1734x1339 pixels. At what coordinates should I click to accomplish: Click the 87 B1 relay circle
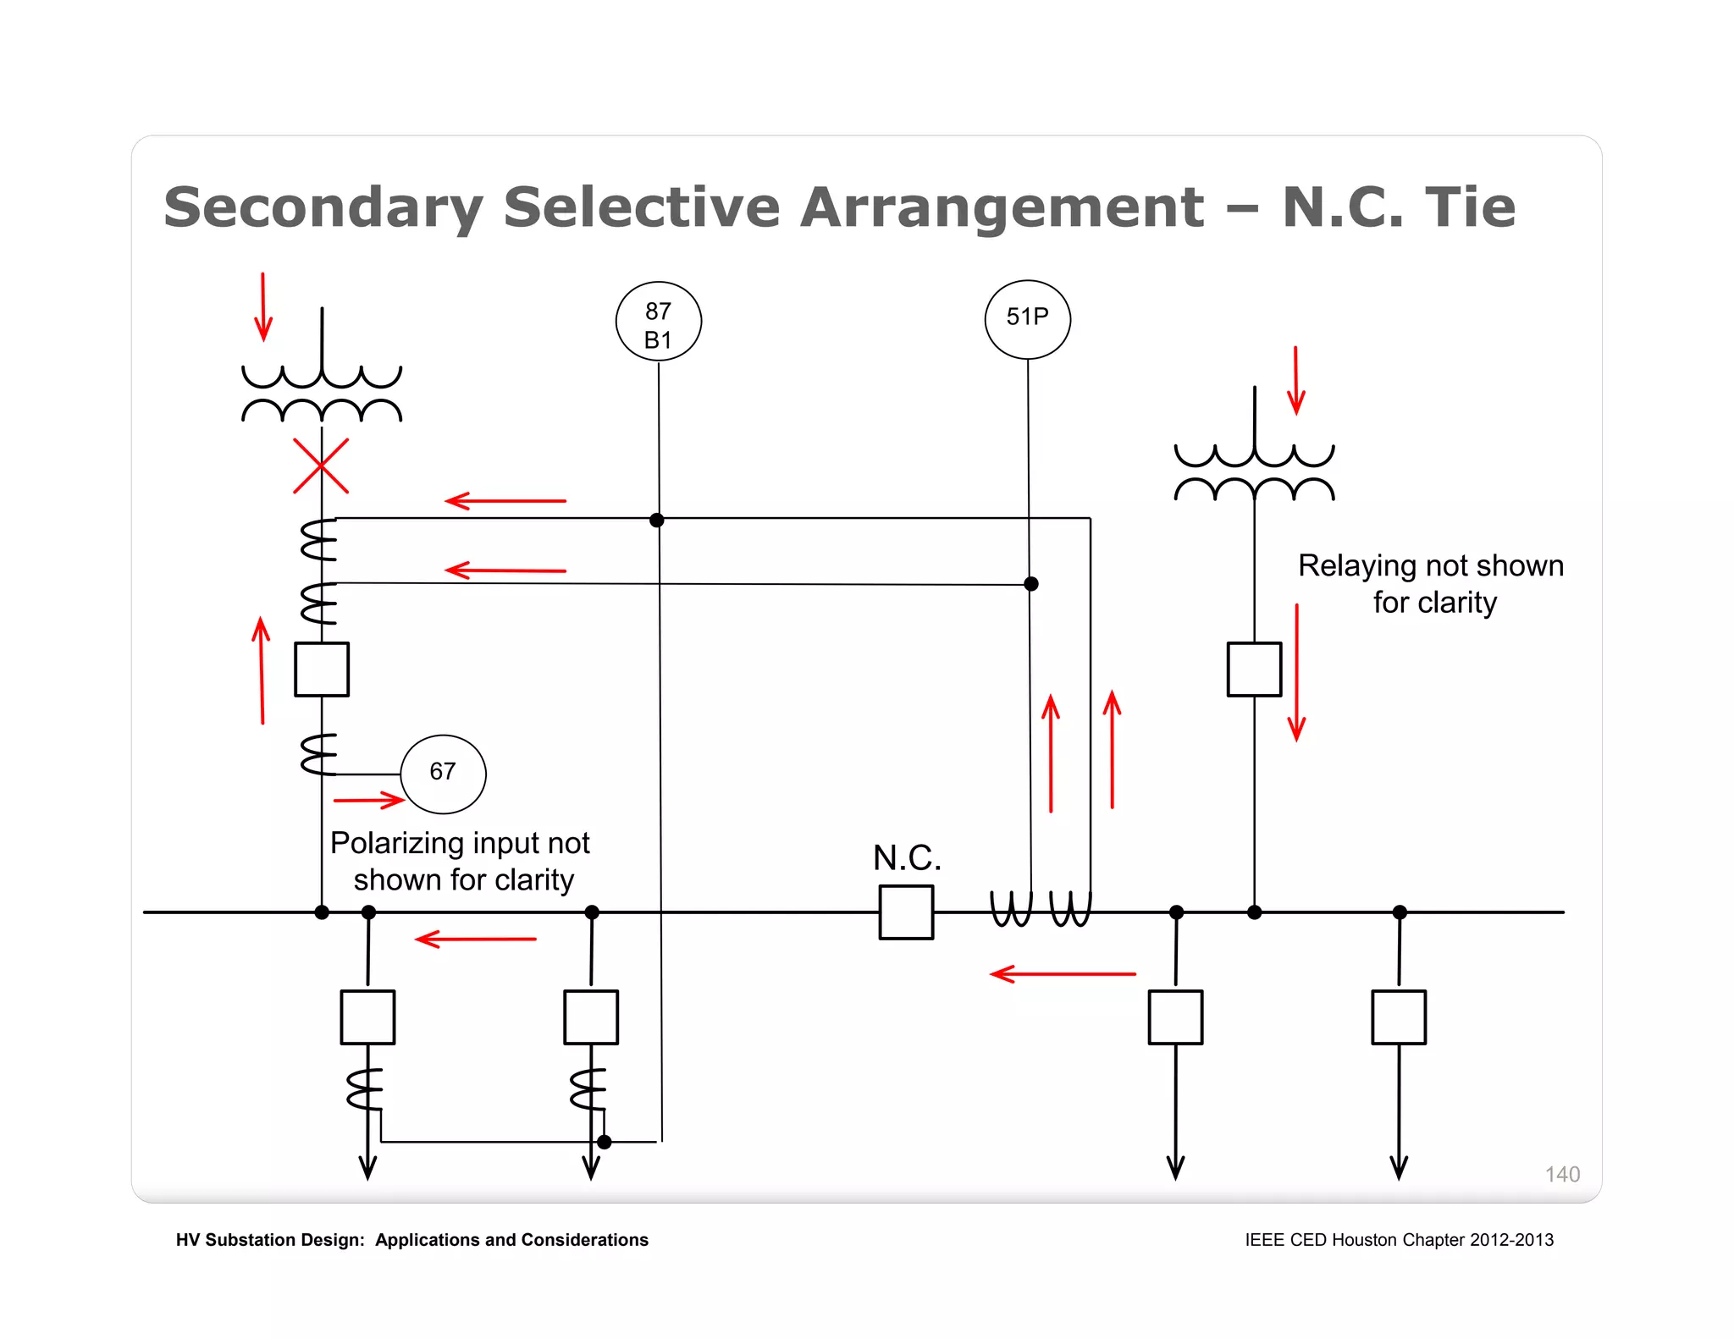[x=658, y=322]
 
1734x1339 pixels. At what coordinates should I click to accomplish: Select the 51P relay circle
[x=1027, y=319]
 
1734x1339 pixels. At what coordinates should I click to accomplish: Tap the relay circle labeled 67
[x=443, y=773]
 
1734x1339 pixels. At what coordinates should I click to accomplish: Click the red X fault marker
[x=321, y=466]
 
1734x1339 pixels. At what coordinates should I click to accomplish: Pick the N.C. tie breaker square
[x=906, y=912]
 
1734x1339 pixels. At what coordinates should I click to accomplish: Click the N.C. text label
[x=907, y=857]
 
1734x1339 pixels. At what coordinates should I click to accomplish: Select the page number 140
[x=1561, y=1174]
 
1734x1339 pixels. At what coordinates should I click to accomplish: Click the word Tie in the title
[x=1470, y=207]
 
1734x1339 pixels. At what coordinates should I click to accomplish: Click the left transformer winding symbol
[x=322, y=394]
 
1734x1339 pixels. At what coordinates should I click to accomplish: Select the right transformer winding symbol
[x=1254, y=472]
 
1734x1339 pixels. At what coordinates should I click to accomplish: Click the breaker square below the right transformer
[x=1254, y=669]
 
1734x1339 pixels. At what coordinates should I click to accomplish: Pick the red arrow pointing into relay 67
[x=369, y=800]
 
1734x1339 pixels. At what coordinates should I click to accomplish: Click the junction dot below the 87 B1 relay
[x=657, y=520]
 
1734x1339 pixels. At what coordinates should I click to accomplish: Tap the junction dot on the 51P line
[x=1030, y=584]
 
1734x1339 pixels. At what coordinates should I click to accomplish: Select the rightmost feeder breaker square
[x=1398, y=1017]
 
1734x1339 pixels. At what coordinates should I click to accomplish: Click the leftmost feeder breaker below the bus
[x=367, y=1017]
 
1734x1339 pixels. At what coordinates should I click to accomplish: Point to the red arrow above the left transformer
[x=263, y=306]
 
